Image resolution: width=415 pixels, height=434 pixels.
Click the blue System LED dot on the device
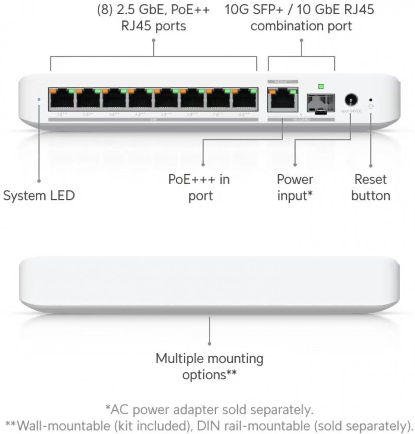(39, 99)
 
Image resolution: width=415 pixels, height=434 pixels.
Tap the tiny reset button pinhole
(370, 99)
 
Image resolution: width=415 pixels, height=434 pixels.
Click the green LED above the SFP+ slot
(321, 86)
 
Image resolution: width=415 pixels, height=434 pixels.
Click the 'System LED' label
(39, 196)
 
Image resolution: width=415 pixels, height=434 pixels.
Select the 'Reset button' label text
(371, 187)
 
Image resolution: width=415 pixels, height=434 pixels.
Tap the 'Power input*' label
(295, 187)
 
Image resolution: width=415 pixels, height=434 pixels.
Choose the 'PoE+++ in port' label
(199, 187)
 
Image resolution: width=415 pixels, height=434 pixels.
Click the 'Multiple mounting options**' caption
(210, 367)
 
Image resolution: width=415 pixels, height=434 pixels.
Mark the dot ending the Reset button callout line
(370, 165)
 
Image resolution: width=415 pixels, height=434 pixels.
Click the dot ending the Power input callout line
(295, 165)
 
